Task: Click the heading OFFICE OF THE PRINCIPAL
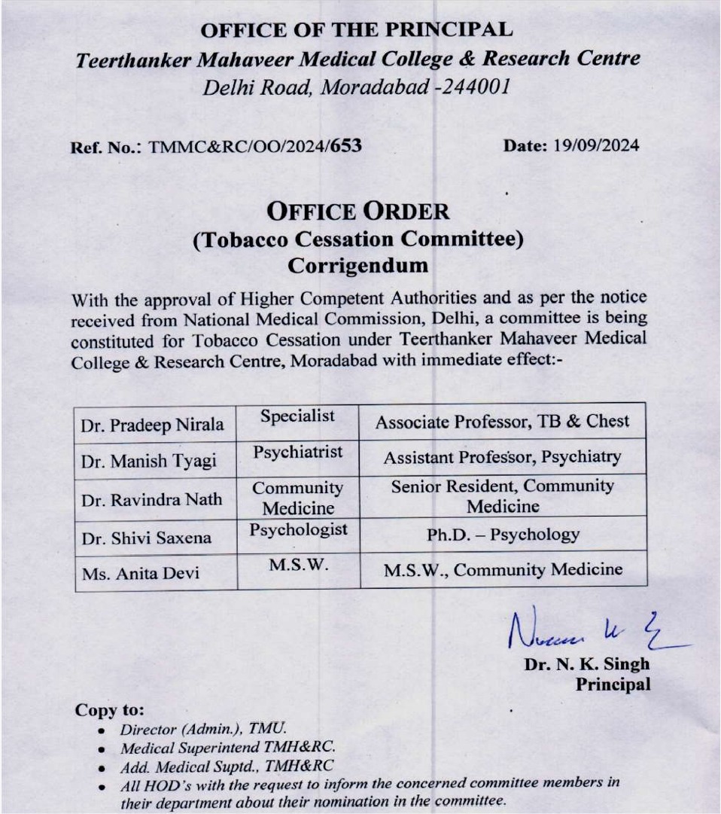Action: point(357,30)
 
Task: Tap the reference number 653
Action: point(346,145)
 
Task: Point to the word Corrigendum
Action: point(358,265)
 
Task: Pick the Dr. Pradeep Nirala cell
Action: point(153,425)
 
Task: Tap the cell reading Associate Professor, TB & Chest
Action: point(502,422)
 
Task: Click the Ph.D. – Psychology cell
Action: point(503,535)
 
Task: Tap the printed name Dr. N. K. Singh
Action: point(587,665)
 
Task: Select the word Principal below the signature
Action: point(613,684)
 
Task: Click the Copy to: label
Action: point(110,710)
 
